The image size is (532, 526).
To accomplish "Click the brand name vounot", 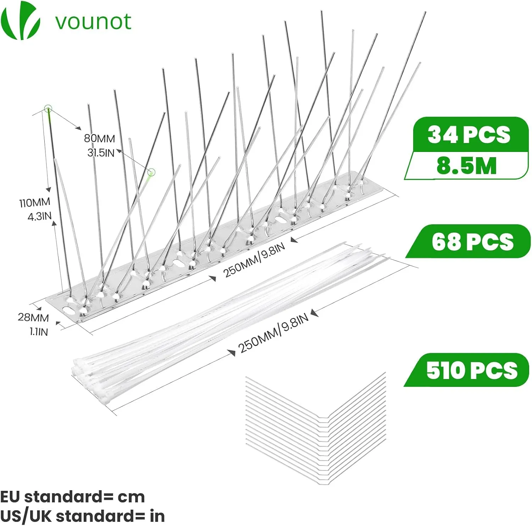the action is pos(93,22).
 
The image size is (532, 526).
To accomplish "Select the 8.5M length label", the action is pos(466,165).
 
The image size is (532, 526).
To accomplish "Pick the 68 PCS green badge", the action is pos(468,241).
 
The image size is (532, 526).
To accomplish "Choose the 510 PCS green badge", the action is pos(467,370).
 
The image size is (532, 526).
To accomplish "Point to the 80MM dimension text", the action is pos(100,138).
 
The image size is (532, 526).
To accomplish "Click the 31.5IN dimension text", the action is pos(101,153).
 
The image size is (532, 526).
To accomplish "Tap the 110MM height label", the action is pos(35,203).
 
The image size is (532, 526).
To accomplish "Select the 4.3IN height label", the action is pos(40,216).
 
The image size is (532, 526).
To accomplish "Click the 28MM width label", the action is pos(33,317).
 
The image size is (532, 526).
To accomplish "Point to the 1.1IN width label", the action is pos(39,332).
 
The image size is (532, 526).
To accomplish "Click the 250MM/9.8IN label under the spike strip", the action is pos(254,260).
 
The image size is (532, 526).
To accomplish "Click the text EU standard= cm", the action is pos(72,497).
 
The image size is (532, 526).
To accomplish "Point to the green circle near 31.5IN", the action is pos(152,172).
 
